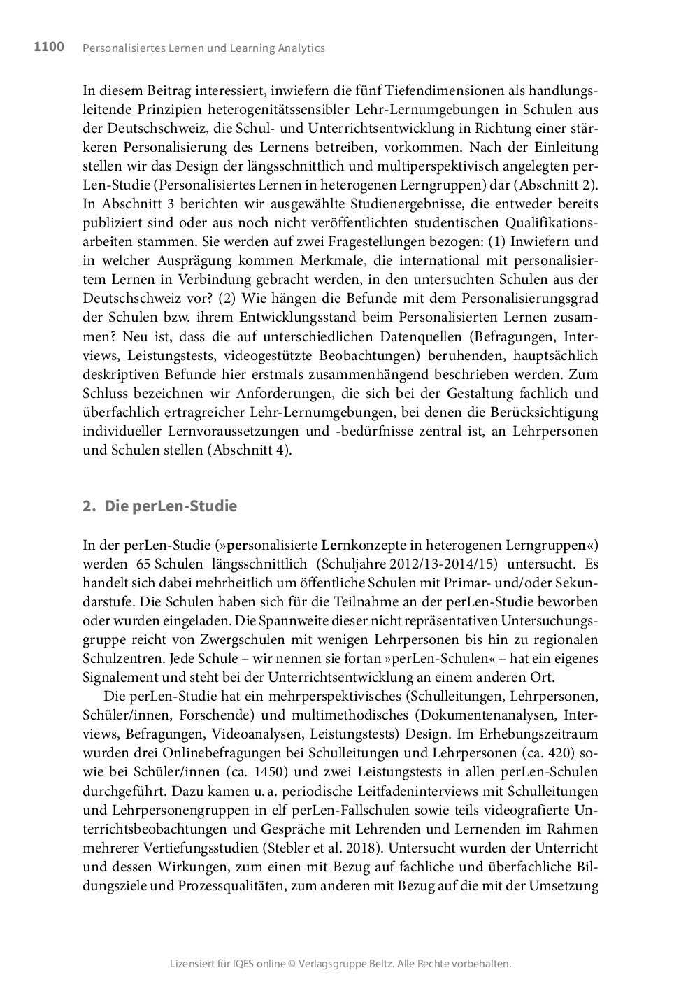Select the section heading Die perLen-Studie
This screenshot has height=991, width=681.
tap(171, 506)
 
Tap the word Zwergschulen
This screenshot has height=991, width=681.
tap(250, 639)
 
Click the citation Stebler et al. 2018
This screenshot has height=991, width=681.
tap(322, 848)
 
